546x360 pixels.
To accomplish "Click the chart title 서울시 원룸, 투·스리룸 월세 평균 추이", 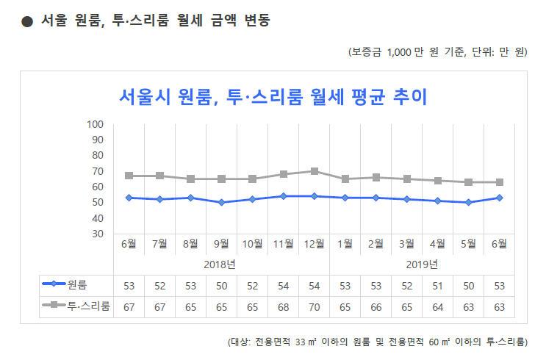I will [273, 96].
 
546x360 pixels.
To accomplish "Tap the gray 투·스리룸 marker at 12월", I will [315, 171].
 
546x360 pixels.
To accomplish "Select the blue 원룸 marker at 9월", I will [222, 202].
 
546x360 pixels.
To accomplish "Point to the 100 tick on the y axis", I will [96, 124].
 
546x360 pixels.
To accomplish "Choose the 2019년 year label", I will [423, 264].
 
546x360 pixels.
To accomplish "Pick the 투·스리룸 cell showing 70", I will [315, 306].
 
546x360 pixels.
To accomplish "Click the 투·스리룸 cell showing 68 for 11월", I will [284, 306].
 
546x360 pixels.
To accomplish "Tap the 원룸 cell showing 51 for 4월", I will [438, 285].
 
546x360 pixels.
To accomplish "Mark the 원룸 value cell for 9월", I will [222, 285].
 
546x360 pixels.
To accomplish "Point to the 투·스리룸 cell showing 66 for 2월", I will [376, 306].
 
